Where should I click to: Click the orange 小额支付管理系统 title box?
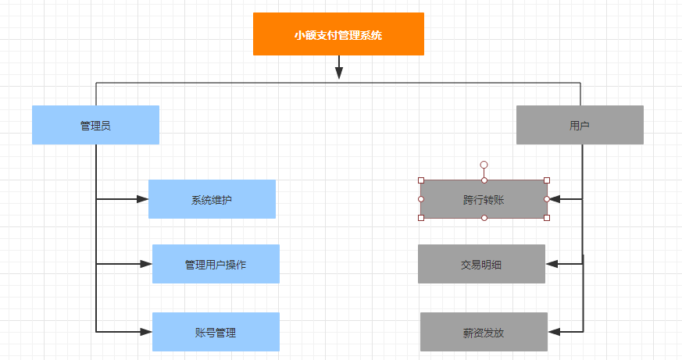pos(338,34)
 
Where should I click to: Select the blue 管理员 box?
pos(95,125)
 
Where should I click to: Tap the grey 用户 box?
pos(580,125)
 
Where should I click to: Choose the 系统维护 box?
pos(212,199)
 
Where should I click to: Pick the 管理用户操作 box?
pos(216,264)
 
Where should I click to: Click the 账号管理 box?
pos(216,332)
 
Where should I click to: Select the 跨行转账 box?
pos(484,199)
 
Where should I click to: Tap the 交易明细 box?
pos(481,264)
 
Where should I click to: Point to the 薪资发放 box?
pos(484,332)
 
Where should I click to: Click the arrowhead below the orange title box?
pos(339,73)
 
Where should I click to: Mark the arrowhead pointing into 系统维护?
pos(143,199)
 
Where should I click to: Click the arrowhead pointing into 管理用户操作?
pos(146,264)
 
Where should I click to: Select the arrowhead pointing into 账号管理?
pos(146,332)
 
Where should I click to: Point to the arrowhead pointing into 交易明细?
pos(552,264)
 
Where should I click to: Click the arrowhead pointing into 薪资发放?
pos(554,332)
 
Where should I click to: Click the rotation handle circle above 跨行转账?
pos(484,165)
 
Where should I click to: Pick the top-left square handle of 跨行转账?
pos(421,180)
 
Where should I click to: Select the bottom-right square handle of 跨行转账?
pos(547,218)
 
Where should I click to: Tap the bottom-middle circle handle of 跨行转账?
pos(484,218)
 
